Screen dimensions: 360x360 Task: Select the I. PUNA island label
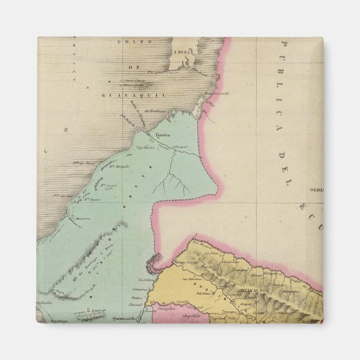(179, 51)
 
